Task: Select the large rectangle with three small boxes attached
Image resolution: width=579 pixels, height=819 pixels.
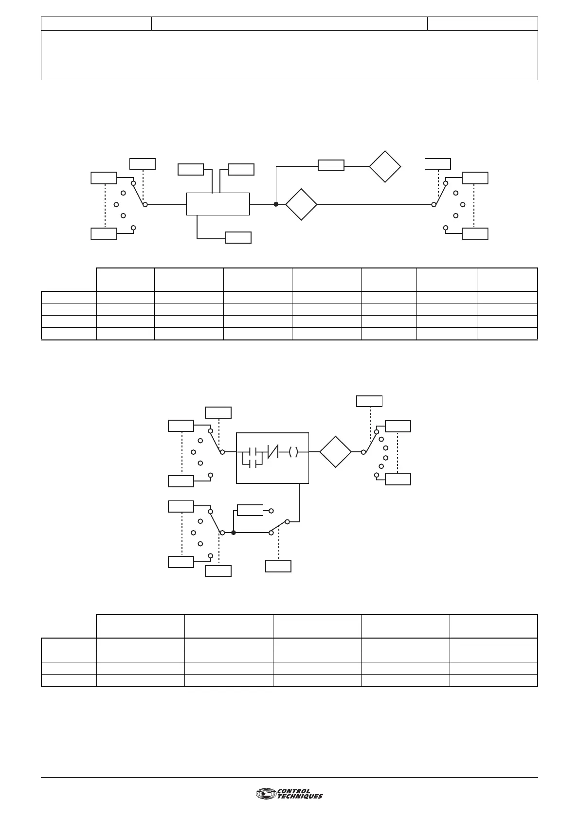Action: click(218, 204)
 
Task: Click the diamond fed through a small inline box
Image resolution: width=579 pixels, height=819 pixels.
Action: click(385, 166)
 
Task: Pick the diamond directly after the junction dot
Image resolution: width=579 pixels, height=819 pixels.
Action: click(301, 205)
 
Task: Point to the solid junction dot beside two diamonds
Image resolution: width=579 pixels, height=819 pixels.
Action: click(276, 205)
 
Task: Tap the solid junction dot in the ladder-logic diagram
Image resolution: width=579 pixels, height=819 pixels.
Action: click(234, 533)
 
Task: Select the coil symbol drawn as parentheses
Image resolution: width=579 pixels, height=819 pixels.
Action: click(293, 452)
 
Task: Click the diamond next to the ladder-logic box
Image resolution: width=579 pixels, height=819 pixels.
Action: click(336, 452)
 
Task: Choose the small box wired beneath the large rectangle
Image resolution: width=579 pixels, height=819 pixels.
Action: click(238, 238)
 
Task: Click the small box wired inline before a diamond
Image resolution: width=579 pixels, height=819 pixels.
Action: click(331, 165)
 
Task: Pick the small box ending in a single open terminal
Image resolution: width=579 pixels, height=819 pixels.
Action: click(250, 510)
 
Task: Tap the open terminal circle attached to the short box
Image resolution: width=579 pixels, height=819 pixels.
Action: click(271, 511)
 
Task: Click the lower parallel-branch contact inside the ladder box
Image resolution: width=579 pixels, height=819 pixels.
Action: click(253, 464)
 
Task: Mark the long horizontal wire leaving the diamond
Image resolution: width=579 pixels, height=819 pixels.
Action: click(375, 205)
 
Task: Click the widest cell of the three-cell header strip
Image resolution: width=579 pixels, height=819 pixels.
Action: click(289, 23)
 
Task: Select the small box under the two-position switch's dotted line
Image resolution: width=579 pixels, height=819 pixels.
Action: click(278, 566)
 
